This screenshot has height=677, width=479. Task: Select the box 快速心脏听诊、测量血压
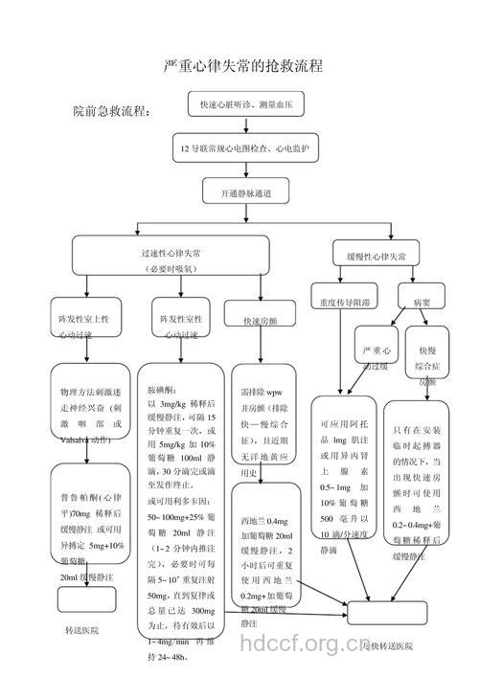[x=245, y=102]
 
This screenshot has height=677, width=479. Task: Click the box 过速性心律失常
[x=171, y=259]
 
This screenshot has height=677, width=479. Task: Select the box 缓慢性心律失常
[x=376, y=257]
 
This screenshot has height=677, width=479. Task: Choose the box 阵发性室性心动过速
[x=182, y=325]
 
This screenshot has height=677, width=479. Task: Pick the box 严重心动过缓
[x=375, y=357]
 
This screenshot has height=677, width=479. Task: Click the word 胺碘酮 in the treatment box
[x=160, y=391]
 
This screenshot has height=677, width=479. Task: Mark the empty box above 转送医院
[x=86, y=599]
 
